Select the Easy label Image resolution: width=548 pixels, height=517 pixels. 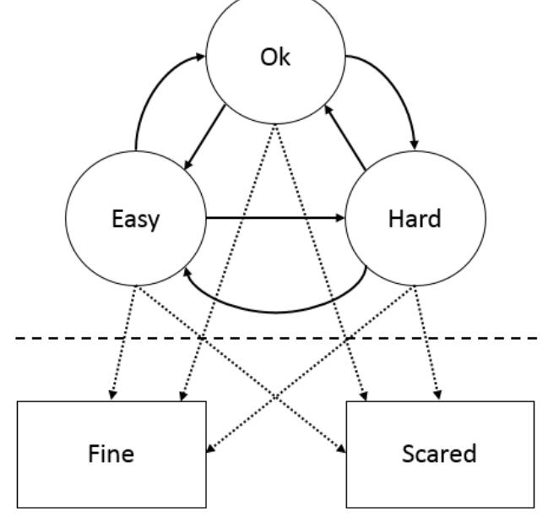click(x=135, y=220)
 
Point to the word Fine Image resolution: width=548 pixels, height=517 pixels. click(x=111, y=454)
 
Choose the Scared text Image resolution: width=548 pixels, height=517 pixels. click(x=439, y=454)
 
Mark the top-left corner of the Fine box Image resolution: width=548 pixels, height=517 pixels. click(x=18, y=401)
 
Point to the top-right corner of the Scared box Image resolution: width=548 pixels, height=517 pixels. click(x=534, y=401)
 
